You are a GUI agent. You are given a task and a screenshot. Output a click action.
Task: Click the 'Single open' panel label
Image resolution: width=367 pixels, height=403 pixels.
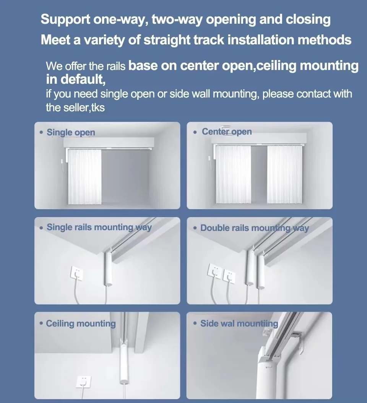click(71, 133)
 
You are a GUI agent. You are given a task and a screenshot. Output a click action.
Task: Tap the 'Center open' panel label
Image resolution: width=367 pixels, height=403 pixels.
click(227, 132)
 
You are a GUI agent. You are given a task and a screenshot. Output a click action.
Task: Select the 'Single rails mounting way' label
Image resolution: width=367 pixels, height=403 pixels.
click(99, 227)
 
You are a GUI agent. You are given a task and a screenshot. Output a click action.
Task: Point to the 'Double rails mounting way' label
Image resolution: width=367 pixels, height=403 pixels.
click(255, 228)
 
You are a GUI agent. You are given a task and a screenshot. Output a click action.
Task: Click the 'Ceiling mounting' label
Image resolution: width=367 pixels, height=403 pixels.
click(81, 323)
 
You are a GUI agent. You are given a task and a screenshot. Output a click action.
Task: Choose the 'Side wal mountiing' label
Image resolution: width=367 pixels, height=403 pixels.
click(239, 323)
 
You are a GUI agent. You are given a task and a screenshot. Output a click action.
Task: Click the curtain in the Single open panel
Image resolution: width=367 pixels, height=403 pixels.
click(84, 177)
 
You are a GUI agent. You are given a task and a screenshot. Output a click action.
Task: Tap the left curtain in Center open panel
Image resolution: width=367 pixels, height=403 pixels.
click(232, 174)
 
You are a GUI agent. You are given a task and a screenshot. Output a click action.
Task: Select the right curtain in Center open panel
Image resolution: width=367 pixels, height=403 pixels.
click(285, 174)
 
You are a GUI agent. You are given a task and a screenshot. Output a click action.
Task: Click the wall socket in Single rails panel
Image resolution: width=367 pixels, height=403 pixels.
click(76, 274)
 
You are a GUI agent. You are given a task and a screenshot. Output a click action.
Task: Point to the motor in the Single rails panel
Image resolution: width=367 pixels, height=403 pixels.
click(109, 270)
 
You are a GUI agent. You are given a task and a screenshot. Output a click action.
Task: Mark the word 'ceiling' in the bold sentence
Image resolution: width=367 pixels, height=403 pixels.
click(276, 66)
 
